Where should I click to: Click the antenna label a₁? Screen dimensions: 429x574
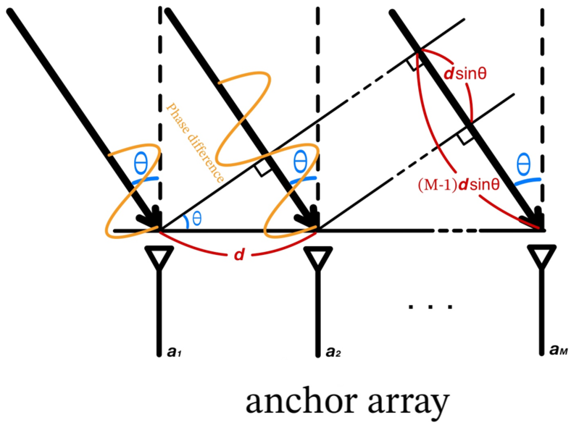tap(174, 352)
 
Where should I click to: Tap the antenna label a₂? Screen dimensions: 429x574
tap(333, 352)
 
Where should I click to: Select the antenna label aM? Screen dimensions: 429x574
tap(558, 350)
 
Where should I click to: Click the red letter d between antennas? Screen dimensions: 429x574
tap(239, 255)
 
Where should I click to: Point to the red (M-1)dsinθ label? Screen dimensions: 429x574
tap(459, 185)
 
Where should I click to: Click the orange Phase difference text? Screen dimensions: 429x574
tap(195, 142)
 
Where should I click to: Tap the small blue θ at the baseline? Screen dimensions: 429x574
tap(197, 219)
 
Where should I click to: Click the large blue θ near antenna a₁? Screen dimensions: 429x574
tap(141, 163)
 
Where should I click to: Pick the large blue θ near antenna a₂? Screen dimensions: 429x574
tap(300, 162)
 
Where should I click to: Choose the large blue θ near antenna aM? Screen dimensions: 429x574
tap(524, 164)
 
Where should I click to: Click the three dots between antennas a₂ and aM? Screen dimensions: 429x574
tap(430, 307)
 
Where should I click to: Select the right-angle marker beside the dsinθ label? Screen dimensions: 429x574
tap(415, 64)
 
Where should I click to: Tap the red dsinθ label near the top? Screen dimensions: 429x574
tap(465, 74)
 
